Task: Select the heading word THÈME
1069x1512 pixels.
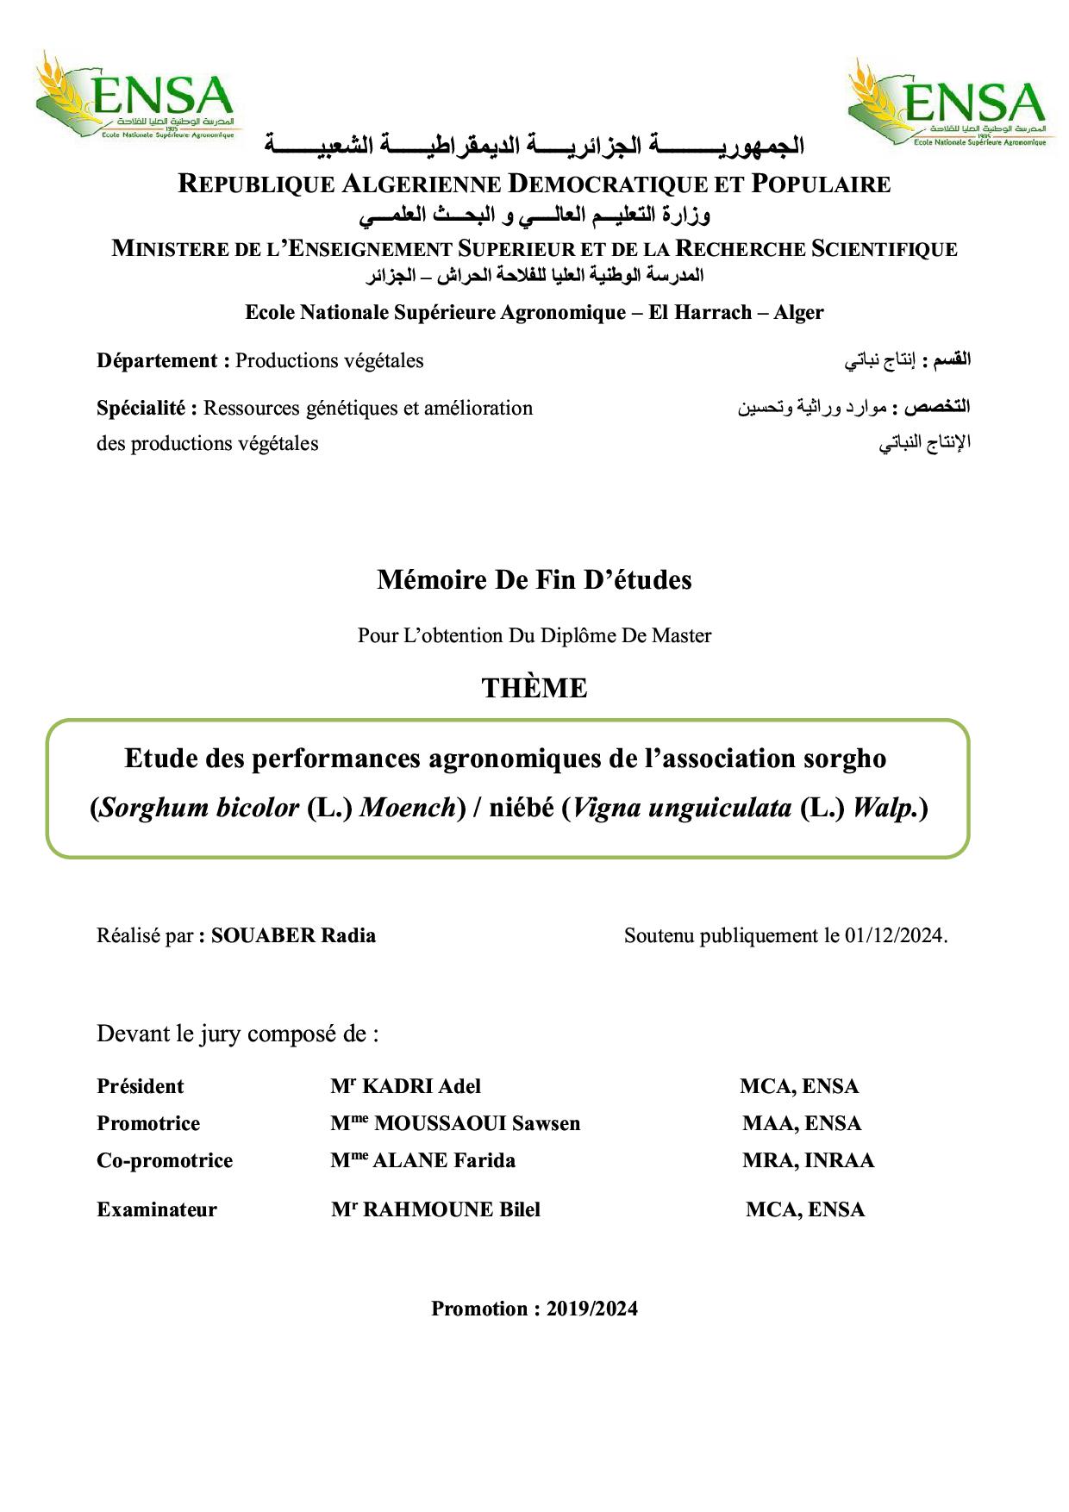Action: (534, 688)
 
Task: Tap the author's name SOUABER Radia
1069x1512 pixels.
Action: (293, 935)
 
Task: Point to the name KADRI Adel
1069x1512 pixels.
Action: (422, 1086)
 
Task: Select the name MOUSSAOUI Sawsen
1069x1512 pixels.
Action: (477, 1123)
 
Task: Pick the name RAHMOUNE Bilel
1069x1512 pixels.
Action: (451, 1209)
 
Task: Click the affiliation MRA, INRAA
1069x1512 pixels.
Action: (808, 1160)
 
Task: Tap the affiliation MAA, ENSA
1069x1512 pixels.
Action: (802, 1123)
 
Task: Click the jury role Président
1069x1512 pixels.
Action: (141, 1086)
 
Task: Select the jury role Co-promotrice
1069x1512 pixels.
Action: (165, 1160)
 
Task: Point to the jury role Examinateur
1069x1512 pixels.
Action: (157, 1209)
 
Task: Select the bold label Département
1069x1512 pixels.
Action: (157, 360)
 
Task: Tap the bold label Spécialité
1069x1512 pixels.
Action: (141, 407)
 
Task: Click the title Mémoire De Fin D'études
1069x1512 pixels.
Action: (534, 579)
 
